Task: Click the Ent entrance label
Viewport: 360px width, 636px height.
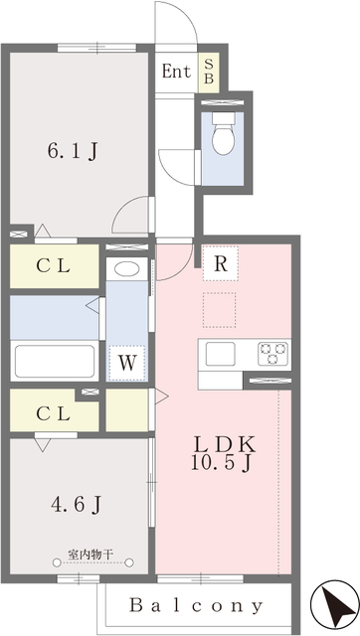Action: pyautogui.click(x=176, y=72)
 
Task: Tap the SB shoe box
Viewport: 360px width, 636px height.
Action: pyautogui.click(x=209, y=72)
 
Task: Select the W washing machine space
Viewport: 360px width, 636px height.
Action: pyautogui.click(x=125, y=362)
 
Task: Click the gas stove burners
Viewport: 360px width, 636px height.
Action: pyautogui.click(x=273, y=353)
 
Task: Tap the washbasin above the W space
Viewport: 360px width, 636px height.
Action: pyautogui.click(x=125, y=268)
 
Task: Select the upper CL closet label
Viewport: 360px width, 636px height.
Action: pyautogui.click(x=54, y=266)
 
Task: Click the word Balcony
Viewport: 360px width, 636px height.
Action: pyautogui.click(x=197, y=603)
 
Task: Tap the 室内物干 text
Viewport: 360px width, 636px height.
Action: pyautogui.click(x=91, y=554)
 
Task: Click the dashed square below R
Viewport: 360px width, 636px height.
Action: pyautogui.click(x=220, y=309)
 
